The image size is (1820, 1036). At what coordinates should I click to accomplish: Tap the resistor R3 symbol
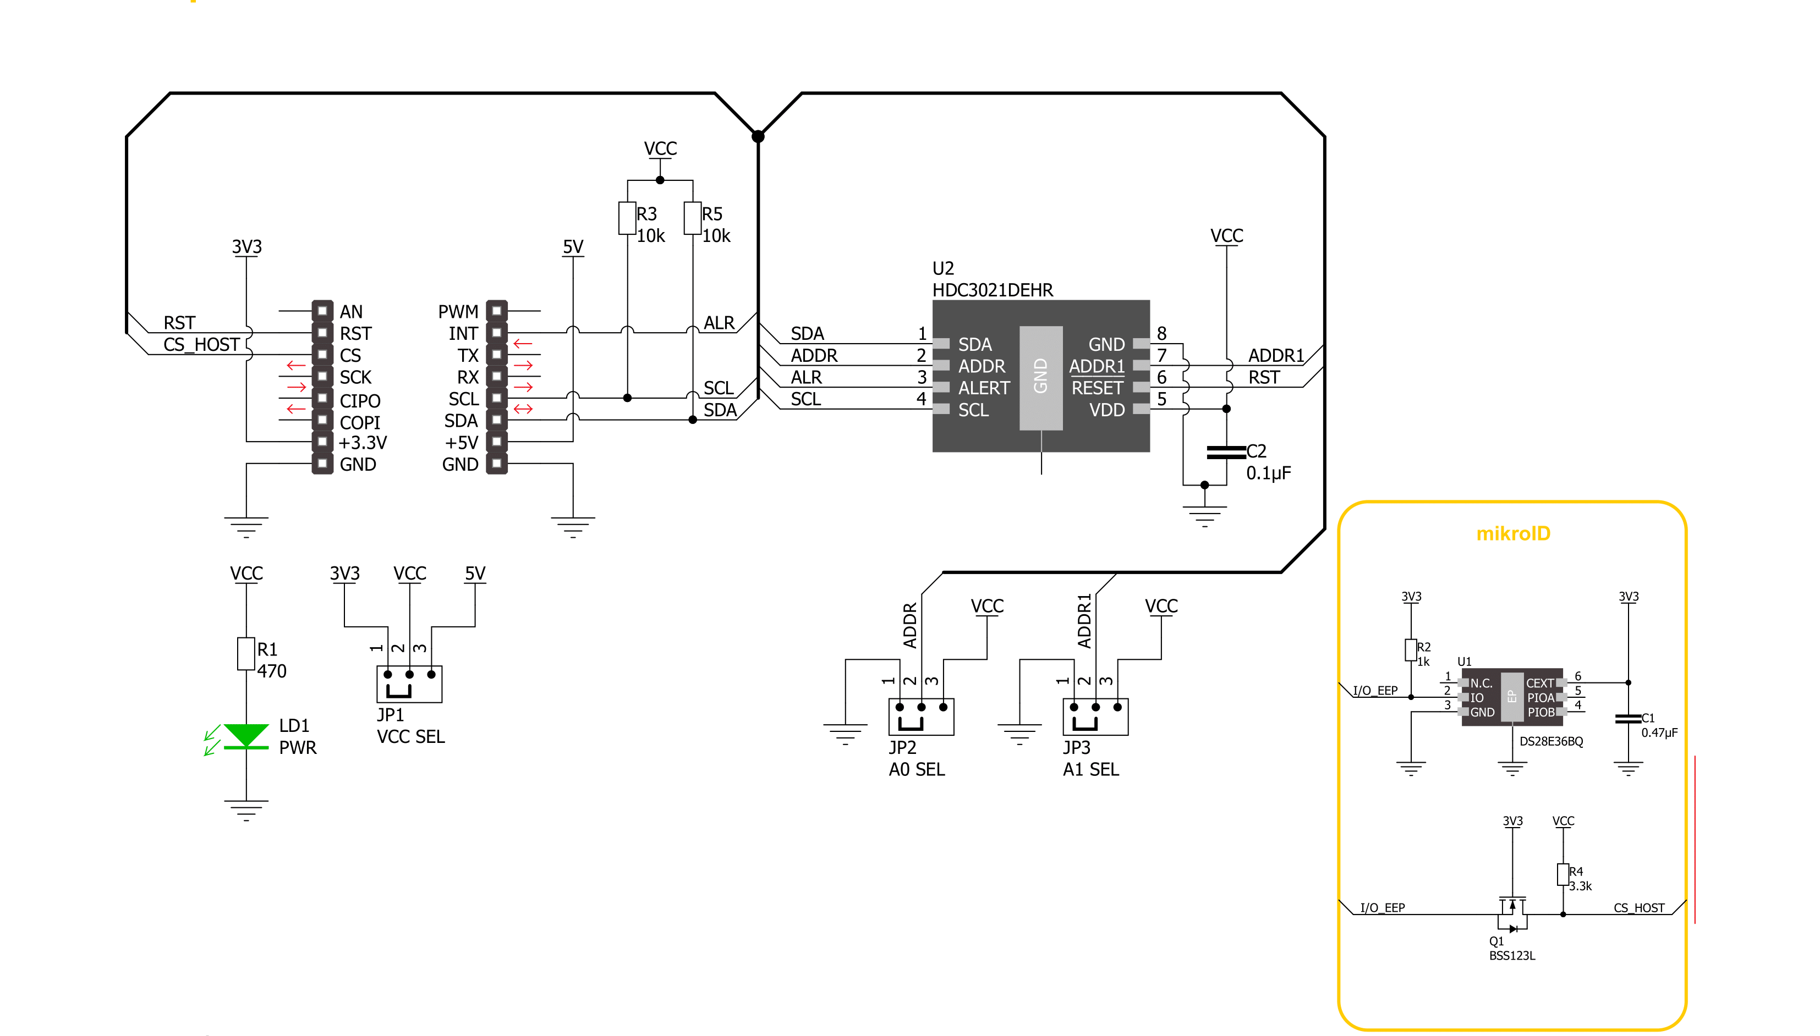627,218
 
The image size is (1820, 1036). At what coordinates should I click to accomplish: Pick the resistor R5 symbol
693,218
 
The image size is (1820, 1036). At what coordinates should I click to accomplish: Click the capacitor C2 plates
1226,452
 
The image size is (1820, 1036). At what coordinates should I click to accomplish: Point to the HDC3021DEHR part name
992,290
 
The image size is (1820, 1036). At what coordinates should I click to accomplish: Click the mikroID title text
1512,533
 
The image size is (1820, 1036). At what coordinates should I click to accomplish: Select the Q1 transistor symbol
1512,915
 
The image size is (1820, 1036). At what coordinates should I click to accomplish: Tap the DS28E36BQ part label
1551,741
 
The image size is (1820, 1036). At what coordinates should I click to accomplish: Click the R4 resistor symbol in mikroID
1563,874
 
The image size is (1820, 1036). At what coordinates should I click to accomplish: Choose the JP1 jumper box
409,684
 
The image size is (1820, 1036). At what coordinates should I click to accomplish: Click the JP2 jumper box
921,717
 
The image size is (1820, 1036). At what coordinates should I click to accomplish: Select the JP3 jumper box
1095,717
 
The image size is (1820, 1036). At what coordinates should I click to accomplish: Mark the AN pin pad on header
322,311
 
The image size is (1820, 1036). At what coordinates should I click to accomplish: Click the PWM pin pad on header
497,311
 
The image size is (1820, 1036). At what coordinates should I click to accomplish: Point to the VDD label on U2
1107,410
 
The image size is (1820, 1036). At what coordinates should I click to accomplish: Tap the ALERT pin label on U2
984,388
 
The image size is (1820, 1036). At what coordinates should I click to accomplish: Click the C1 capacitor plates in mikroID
1628,719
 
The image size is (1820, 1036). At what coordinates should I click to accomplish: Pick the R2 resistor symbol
1411,649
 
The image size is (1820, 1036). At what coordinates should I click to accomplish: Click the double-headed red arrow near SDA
523,409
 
